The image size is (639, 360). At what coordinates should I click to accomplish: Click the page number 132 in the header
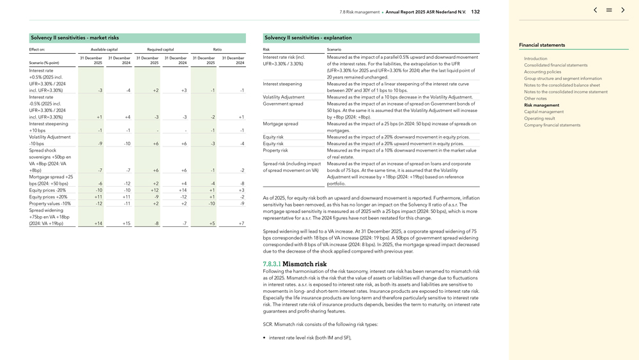475,12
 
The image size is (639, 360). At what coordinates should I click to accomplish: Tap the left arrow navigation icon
596,10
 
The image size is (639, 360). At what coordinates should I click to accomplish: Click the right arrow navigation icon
623,10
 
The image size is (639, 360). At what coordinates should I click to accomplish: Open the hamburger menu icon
609,10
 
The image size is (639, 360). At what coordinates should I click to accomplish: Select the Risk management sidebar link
541,105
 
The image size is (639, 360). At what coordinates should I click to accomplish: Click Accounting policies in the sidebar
543,72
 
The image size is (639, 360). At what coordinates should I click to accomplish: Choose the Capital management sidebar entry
544,112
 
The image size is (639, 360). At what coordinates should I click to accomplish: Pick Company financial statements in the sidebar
552,125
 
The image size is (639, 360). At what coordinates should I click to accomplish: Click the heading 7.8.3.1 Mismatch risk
295,264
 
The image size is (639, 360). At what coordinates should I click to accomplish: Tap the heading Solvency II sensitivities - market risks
75,38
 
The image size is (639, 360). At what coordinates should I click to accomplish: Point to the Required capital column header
160,49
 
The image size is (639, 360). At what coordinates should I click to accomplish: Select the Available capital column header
104,49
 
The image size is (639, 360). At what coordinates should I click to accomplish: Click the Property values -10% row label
50,203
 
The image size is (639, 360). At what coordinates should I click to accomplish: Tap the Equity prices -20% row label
47,190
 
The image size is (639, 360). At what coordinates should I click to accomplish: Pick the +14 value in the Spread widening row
98,223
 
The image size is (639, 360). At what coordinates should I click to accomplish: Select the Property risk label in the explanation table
275,150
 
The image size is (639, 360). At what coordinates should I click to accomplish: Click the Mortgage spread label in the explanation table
281,123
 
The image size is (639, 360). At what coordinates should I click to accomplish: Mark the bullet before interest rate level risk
265,338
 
